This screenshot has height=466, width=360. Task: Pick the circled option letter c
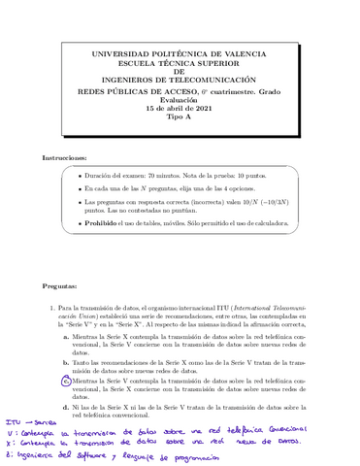(x=65, y=382)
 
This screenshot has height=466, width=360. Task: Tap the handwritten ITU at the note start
(x=13, y=421)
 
